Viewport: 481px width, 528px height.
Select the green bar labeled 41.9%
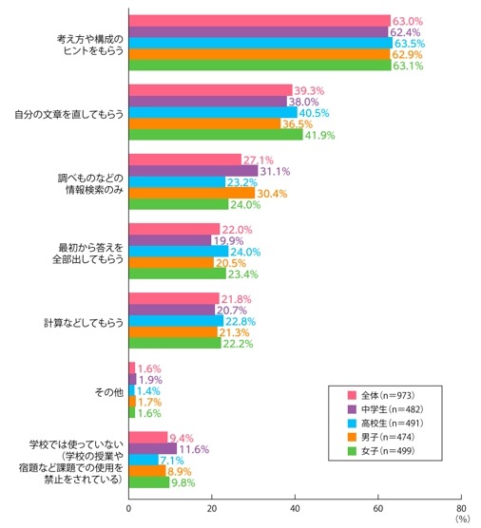pyautogui.click(x=216, y=135)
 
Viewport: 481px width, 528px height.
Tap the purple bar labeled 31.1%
pyautogui.click(x=193, y=171)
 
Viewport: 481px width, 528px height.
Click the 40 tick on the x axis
pyautogui.click(x=295, y=507)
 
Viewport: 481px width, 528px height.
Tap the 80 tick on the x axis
pyautogui.click(x=461, y=507)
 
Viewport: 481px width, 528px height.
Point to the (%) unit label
pyautogui.click(x=462, y=519)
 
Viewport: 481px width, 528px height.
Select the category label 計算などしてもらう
pyautogui.click(x=84, y=322)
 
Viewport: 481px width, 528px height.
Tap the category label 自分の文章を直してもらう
pyautogui.click(x=73, y=113)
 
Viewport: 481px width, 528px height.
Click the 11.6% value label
pyautogui.click(x=195, y=448)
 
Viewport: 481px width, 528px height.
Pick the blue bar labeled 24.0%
pyautogui.click(x=178, y=252)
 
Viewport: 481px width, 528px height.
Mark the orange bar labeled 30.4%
pyautogui.click(x=191, y=194)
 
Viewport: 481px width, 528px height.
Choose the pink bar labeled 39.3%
pyautogui.click(x=210, y=90)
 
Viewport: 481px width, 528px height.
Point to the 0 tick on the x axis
pyautogui.click(x=128, y=507)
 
